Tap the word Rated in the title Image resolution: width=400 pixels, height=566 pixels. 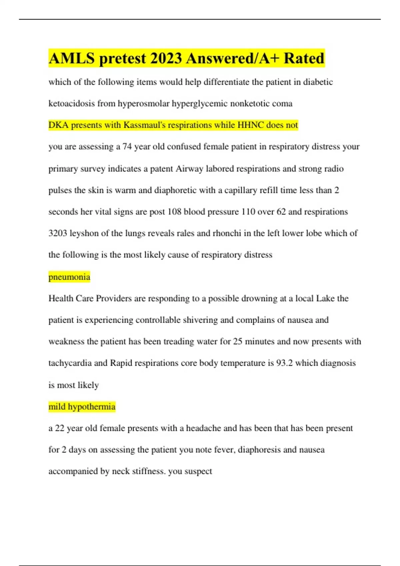pos(304,59)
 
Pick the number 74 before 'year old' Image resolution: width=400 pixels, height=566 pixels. pos(127,147)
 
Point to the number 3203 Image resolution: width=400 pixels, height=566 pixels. pos(58,233)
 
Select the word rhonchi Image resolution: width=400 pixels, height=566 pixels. pos(227,233)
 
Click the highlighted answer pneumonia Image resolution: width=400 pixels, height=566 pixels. pos(69,277)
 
